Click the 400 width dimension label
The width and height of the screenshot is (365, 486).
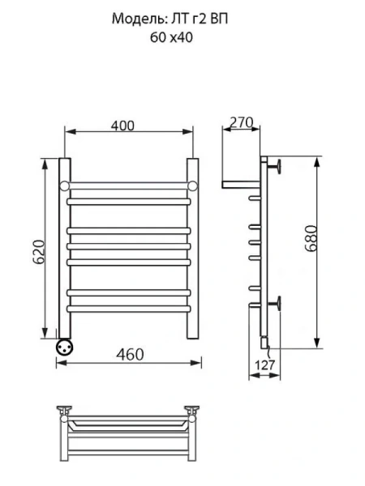(x=122, y=126)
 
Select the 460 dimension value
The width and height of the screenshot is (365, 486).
(x=131, y=355)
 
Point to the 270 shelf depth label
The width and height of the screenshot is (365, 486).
(x=242, y=123)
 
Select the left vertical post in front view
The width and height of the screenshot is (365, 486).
(x=63, y=243)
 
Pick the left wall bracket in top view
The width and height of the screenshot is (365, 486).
(x=64, y=410)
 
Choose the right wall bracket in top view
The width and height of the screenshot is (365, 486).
(x=193, y=410)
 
